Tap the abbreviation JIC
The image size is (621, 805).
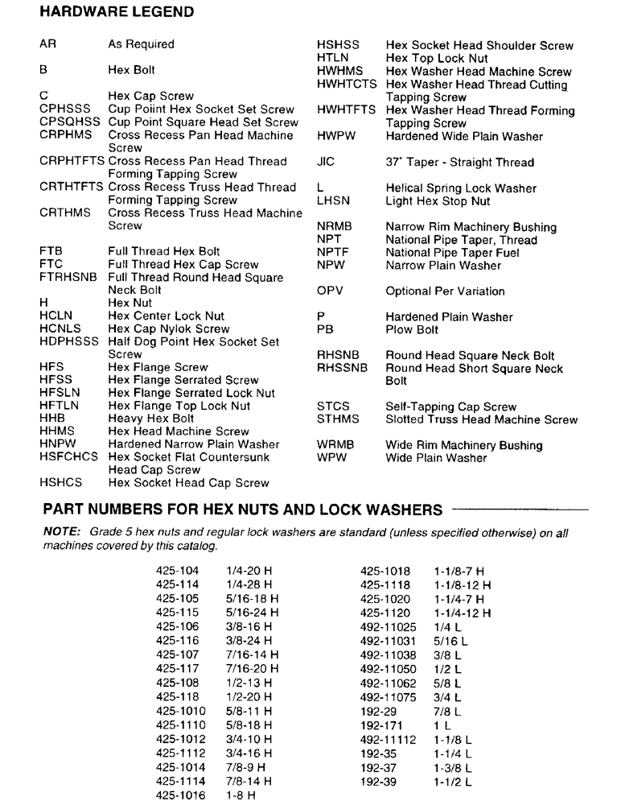[326, 162]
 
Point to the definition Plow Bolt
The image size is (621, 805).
[412, 329]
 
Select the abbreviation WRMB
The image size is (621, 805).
[335, 445]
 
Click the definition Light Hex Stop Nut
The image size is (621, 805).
[438, 200]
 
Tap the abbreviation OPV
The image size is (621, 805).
[330, 291]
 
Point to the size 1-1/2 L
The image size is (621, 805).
[453, 782]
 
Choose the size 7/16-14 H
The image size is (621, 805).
[253, 654]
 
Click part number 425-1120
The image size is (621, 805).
[385, 613]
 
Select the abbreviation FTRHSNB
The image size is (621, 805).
[68, 277]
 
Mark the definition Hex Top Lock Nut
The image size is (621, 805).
[437, 58]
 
